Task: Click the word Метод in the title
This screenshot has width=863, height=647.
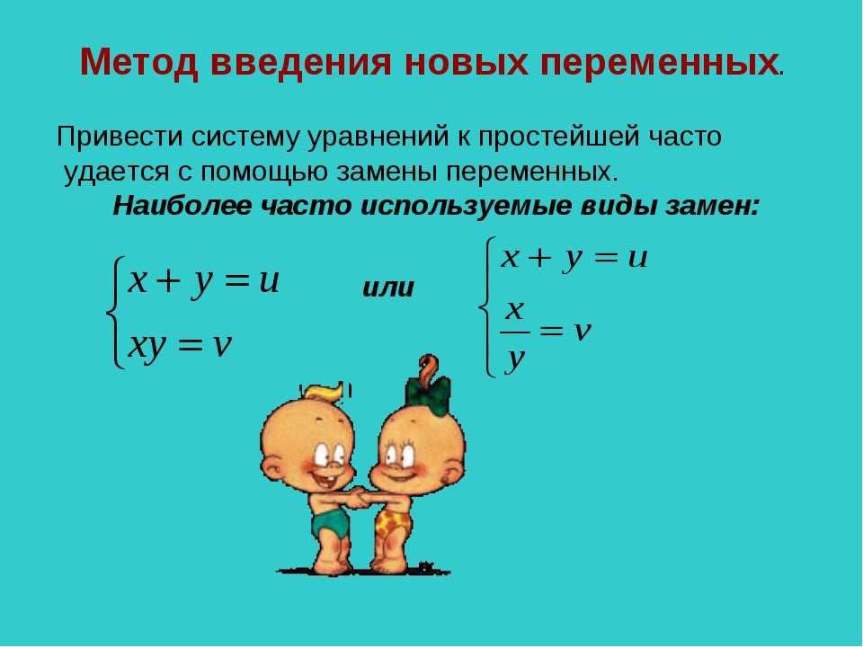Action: click(138, 62)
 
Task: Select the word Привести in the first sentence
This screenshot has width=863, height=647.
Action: click(120, 137)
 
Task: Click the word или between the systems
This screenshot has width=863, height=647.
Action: click(388, 288)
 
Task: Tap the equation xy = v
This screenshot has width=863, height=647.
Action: click(180, 346)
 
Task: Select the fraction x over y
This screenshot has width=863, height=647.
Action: click(515, 335)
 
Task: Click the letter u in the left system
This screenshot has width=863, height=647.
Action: click(269, 281)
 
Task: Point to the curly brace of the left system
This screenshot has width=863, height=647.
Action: click(114, 312)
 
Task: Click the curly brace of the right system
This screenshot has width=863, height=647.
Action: click(488, 306)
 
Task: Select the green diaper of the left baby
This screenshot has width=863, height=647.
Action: click(330, 522)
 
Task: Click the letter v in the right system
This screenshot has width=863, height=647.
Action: click(582, 331)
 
